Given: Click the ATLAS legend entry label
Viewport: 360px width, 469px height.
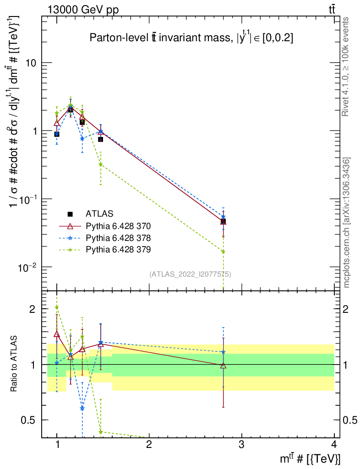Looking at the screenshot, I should point(99,214).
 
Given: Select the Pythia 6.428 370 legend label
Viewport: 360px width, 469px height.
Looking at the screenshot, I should point(118,226).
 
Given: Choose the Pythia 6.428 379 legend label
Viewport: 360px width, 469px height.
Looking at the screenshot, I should point(118,250).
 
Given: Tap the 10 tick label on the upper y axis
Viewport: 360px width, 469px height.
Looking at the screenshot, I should point(31,63).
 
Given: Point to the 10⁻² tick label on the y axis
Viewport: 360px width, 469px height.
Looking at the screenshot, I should point(27,267).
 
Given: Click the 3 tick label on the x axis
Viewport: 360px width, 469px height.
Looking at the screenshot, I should point(241,444).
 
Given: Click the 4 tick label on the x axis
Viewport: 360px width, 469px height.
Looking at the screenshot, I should point(333,444).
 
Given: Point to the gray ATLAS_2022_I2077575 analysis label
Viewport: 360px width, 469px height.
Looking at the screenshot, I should point(190,274).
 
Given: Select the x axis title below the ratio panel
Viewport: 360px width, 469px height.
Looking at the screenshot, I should point(310,458).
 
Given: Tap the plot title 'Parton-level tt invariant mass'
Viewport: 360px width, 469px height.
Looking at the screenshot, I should point(191,39).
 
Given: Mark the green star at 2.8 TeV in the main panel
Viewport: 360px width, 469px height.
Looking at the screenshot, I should point(223,251).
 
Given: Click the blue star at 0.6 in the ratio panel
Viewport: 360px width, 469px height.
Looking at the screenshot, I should point(82,408).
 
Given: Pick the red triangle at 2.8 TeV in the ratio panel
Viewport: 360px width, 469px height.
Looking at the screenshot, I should point(223,365).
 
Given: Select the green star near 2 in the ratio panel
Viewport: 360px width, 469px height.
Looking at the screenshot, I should point(57,307).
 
